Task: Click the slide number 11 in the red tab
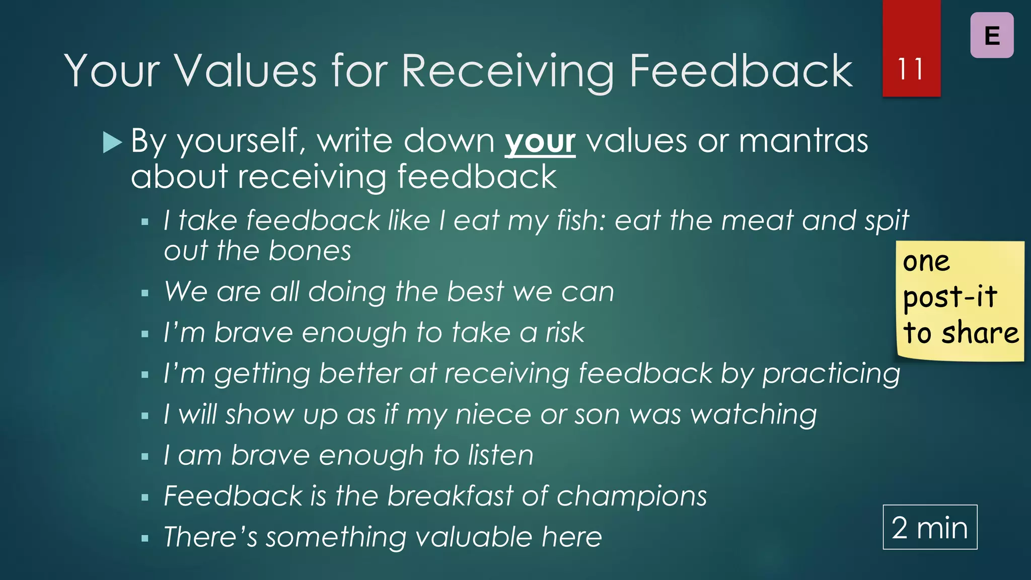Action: click(x=911, y=69)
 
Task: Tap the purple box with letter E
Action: click(x=992, y=35)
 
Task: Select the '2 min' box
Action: click(x=930, y=527)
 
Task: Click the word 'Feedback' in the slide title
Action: click(x=741, y=71)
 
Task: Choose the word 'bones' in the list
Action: click(x=310, y=251)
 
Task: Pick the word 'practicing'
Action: click(x=831, y=374)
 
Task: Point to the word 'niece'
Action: click(x=493, y=415)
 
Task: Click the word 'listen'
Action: click(x=500, y=455)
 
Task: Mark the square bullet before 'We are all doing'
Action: click(x=145, y=293)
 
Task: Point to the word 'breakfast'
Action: click(x=450, y=496)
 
